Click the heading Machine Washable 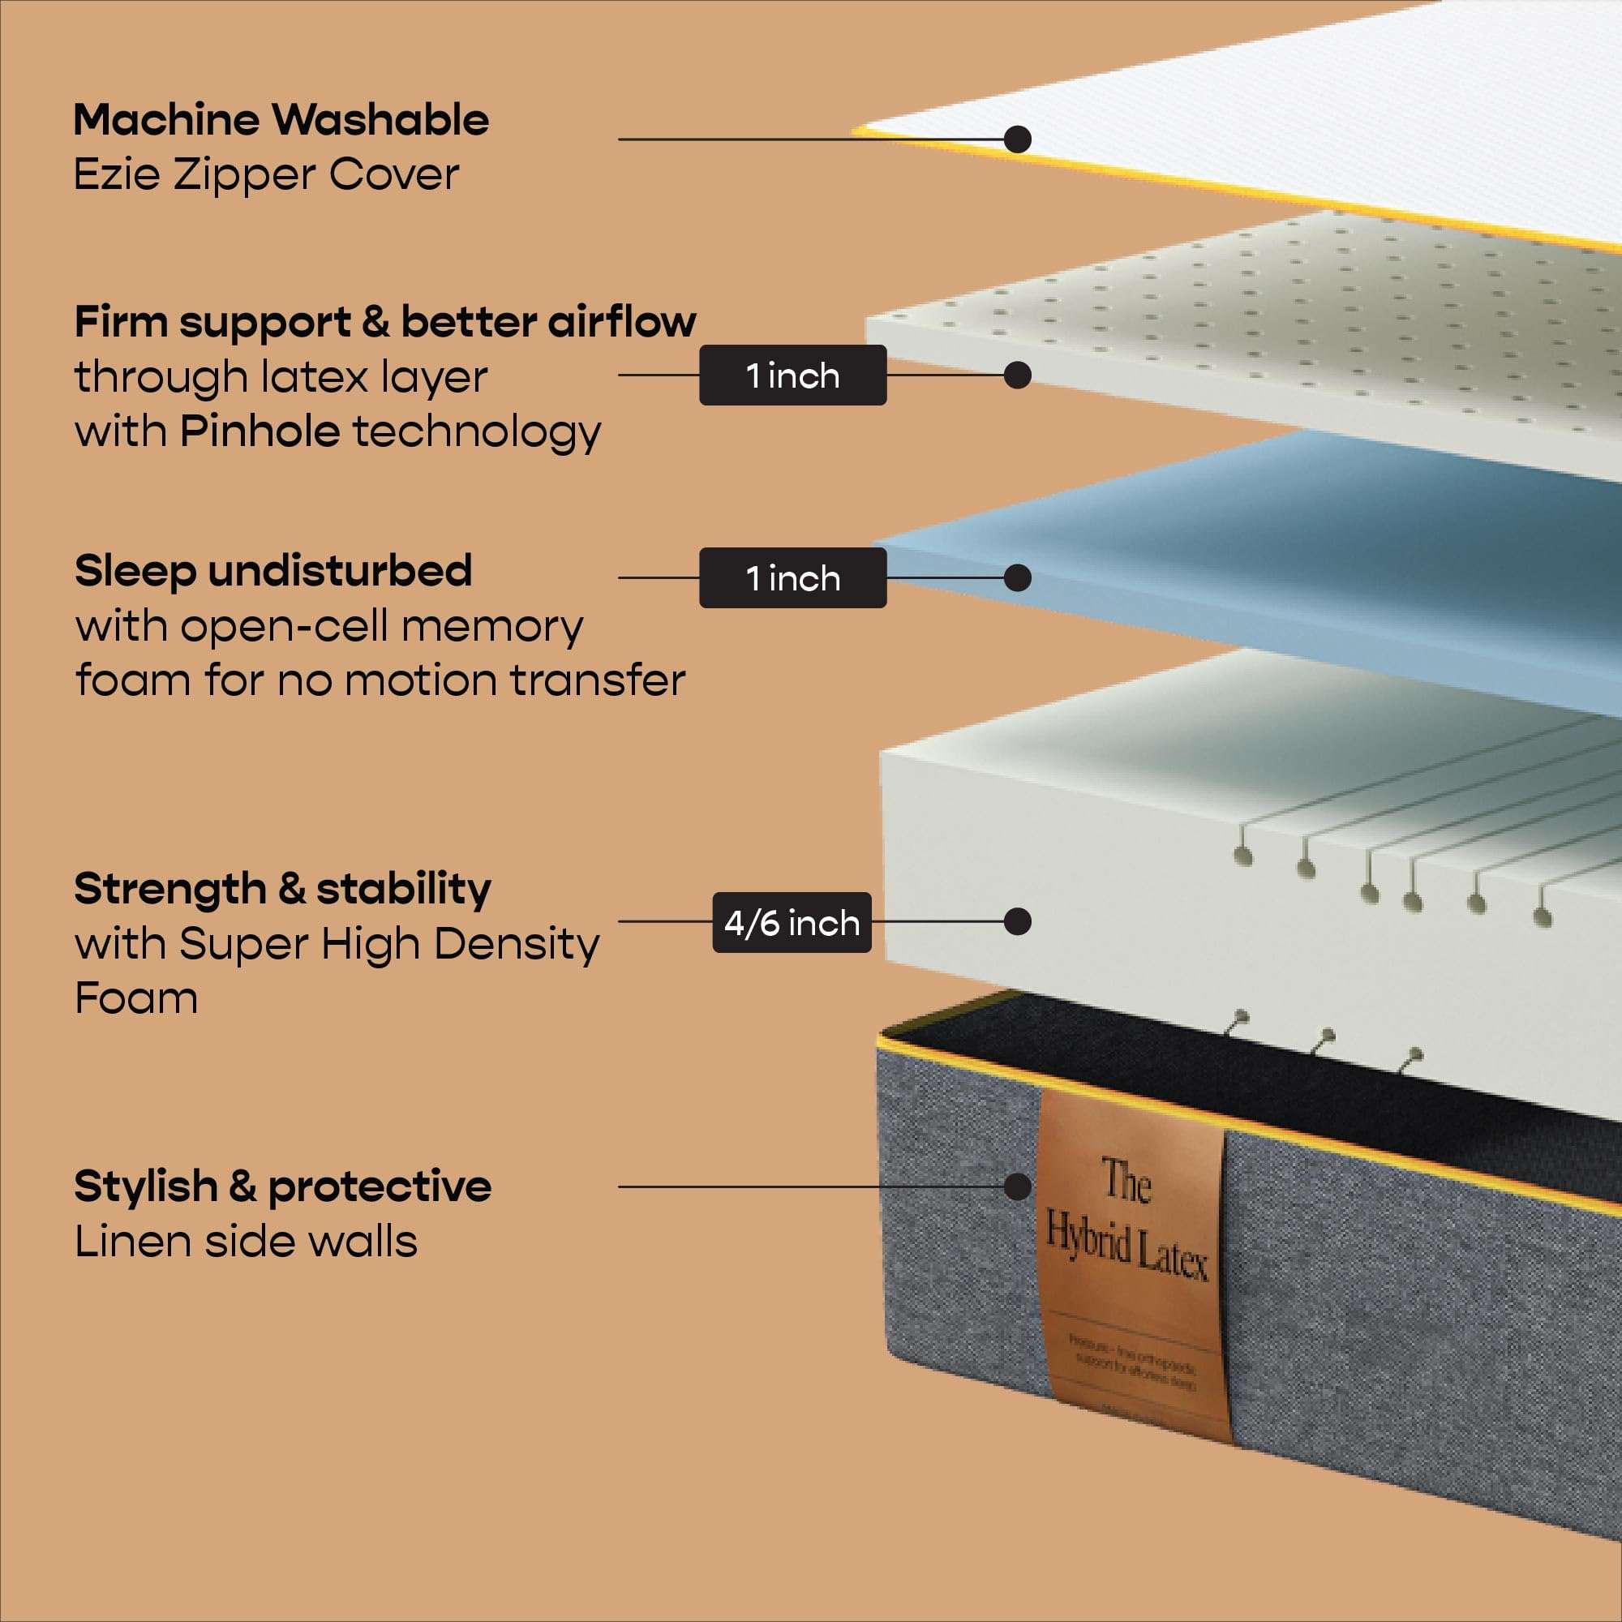click(281, 120)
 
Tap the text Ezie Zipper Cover click(266, 174)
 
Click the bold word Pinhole click(260, 431)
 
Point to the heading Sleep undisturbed click(272, 571)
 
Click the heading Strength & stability click(283, 888)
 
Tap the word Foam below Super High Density click(136, 998)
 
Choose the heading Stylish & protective click(283, 1186)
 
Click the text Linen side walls click(246, 1241)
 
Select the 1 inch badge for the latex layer click(792, 375)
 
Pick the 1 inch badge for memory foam click(792, 577)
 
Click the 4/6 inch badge click(792, 923)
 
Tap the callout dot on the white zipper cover click(1018, 139)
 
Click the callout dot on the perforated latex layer click(1018, 375)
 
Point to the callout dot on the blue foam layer click(1018, 577)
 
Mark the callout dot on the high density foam click(1018, 922)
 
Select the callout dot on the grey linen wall click(1018, 1186)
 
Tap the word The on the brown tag click(1126, 1179)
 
